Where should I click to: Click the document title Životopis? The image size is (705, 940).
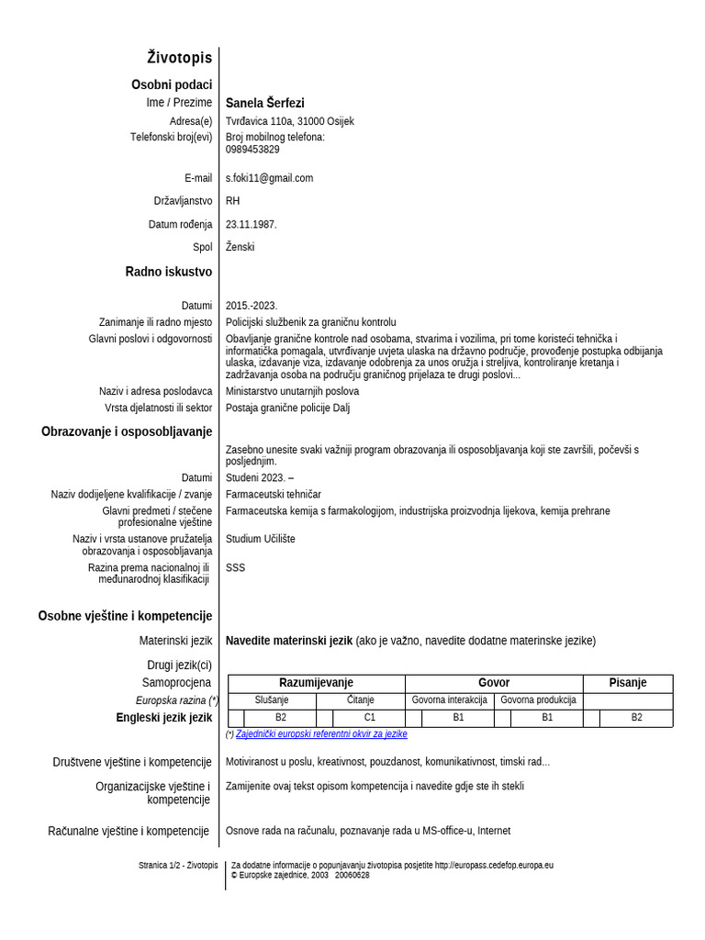click(x=179, y=58)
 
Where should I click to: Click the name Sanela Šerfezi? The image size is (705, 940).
click(x=264, y=103)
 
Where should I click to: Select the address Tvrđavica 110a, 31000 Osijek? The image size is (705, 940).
click(x=289, y=121)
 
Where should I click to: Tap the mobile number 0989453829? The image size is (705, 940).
click(x=252, y=150)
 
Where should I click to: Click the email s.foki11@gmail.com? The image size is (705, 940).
click(x=269, y=178)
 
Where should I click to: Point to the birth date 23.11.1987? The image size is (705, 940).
click(x=251, y=224)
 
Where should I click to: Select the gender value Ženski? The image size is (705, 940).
click(x=240, y=247)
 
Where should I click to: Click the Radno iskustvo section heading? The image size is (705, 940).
click(x=168, y=272)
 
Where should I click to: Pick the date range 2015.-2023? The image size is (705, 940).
click(x=251, y=306)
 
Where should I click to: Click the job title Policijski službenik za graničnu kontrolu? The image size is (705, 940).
click(x=310, y=322)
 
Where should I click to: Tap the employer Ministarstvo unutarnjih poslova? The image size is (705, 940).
click(x=292, y=391)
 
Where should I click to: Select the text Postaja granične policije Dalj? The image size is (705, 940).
click(x=287, y=408)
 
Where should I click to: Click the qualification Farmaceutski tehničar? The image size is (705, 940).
click(x=273, y=494)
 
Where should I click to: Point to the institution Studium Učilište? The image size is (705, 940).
click(x=260, y=539)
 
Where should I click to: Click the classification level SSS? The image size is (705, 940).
click(x=235, y=567)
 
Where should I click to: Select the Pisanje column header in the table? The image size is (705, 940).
click(x=628, y=683)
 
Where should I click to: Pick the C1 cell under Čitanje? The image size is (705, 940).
click(x=369, y=718)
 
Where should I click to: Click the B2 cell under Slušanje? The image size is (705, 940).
click(x=280, y=718)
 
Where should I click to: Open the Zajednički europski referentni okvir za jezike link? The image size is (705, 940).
click(x=321, y=734)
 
